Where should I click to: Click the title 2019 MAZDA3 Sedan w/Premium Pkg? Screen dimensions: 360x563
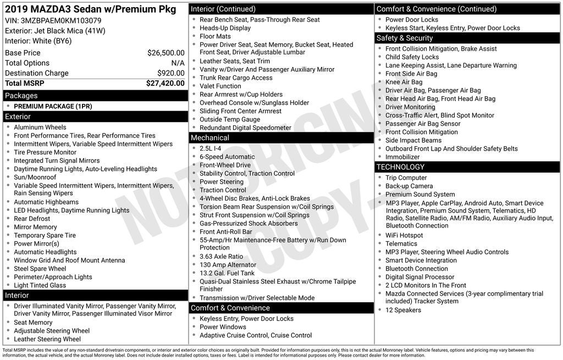point(91,9)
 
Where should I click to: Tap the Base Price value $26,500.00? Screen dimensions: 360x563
point(165,53)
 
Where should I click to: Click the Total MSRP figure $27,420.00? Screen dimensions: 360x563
point(165,84)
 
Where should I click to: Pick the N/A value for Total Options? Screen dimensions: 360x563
point(178,63)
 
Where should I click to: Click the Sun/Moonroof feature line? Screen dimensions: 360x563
point(35,178)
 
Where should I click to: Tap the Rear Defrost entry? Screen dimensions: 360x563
point(32,219)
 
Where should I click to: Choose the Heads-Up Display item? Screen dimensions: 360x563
point(225,28)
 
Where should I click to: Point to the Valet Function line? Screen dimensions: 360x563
point(220,86)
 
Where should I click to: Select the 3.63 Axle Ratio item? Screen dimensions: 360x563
point(221,257)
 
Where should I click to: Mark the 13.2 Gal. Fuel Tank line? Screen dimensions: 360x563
point(227,273)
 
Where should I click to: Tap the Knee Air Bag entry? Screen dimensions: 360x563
point(404,82)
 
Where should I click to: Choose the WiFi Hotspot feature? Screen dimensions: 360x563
point(404,235)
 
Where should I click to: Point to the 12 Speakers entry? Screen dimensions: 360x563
point(403,310)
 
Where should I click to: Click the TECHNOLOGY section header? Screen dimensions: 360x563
point(400,167)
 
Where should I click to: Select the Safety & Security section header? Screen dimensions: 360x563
point(405,38)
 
